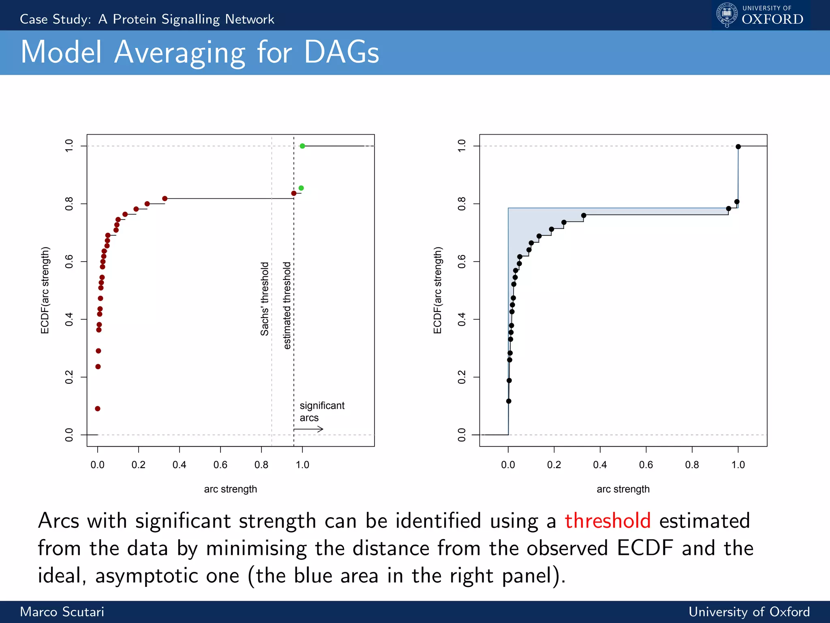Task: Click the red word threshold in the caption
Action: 608,521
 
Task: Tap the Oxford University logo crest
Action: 727,15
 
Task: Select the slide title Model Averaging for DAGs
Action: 200,52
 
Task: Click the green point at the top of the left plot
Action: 302,146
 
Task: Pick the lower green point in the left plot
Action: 301,188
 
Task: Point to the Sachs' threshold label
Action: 265,299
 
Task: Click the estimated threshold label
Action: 287,305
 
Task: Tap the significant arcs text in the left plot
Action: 322,411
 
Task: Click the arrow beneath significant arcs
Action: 309,429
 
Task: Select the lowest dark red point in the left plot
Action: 98,408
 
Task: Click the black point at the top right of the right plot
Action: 738,147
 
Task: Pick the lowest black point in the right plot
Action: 509,401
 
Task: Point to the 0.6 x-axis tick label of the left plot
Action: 220,465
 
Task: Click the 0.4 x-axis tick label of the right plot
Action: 600,465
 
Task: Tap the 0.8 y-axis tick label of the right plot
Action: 462,204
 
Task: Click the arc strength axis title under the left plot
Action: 230,489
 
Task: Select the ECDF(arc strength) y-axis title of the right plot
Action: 437,290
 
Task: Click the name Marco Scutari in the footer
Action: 62,612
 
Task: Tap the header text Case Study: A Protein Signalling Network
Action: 147,19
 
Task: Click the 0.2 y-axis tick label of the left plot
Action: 69,377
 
